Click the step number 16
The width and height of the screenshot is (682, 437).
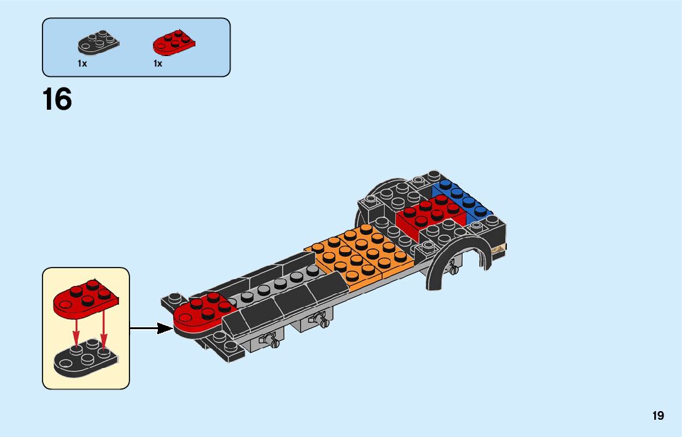pos(57,100)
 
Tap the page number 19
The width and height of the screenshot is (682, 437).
pos(658,415)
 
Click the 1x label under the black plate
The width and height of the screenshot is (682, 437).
pos(82,63)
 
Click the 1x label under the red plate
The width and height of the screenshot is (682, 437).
pos(158,63)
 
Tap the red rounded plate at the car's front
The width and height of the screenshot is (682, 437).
pos(200,314)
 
